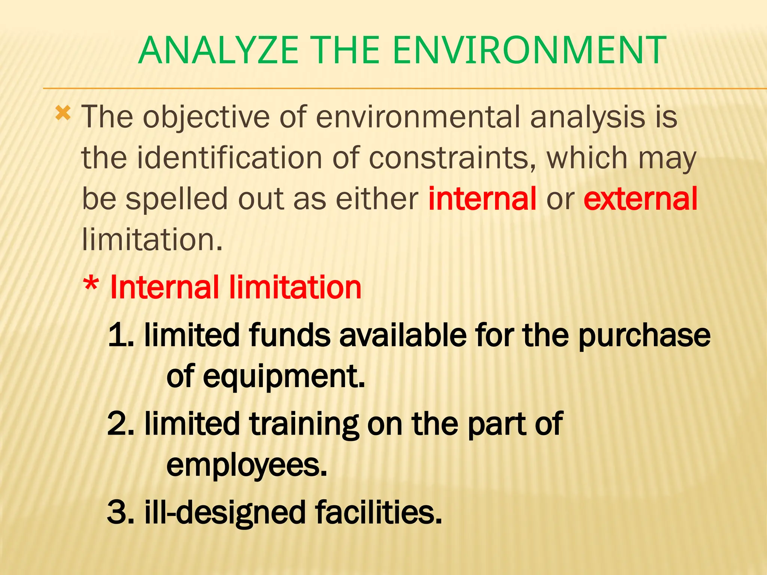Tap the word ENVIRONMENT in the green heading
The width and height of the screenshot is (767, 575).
[529, 50]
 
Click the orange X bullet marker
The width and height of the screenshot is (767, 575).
[63, 113]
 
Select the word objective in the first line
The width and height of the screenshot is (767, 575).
[206, 117]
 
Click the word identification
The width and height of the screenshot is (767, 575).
[229, 158]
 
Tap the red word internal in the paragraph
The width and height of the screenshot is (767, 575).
[482, 198]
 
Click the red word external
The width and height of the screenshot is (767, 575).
[640, 198]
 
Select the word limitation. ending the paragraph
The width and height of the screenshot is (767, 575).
[152, 239]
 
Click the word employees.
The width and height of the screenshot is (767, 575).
[246, 466]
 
